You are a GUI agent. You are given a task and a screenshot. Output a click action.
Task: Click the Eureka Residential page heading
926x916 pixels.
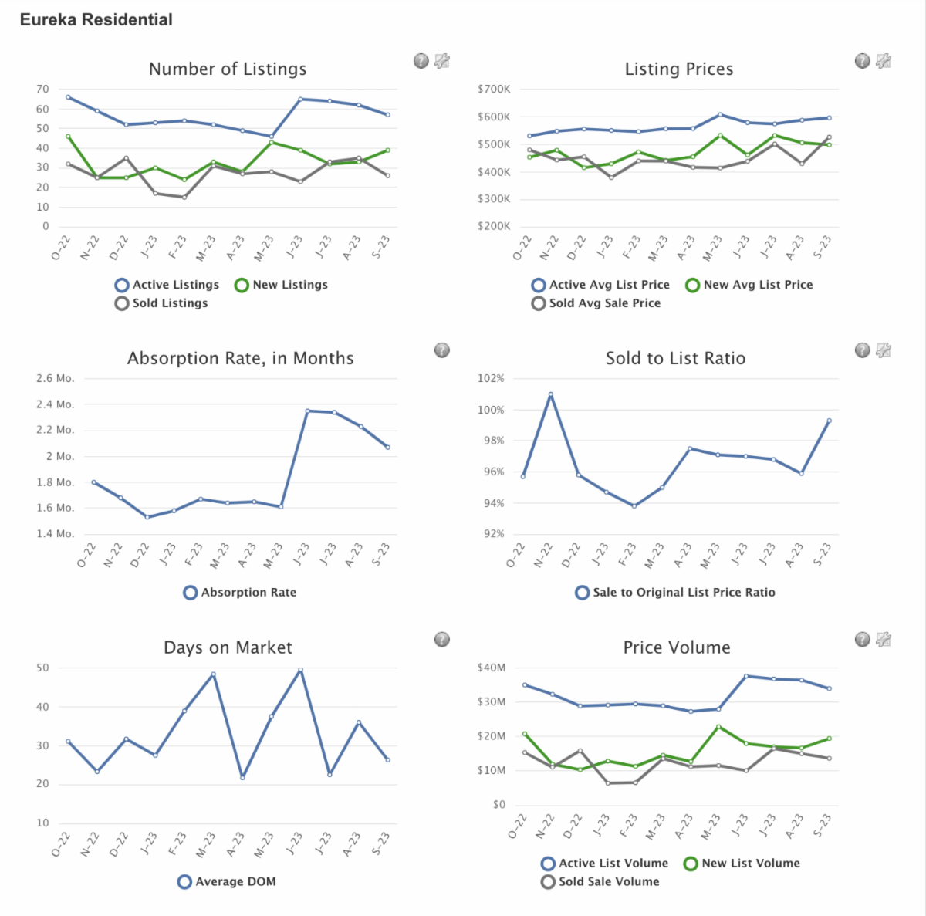click(96, 20)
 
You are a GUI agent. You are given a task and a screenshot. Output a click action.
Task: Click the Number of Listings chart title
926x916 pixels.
click(228, 69)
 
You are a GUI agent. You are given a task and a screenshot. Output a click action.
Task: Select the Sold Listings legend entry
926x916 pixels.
click(161, 303)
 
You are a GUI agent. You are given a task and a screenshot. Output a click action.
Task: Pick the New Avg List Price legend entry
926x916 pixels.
click(749, 285)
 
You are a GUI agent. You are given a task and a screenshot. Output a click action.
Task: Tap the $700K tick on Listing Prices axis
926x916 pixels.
click(494, 90)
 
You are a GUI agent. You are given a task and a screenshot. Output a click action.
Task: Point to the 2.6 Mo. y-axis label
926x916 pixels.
click(55, 379)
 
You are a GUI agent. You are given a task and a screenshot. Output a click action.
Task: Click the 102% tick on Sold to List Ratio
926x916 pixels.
click(491, 379)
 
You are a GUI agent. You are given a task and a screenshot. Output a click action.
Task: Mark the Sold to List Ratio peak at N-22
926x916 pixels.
click(550, 394)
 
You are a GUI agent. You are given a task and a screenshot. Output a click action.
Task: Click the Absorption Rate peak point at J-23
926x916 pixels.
click(307, 411)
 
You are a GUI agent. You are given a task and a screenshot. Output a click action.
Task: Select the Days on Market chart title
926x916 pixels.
click(228, 648)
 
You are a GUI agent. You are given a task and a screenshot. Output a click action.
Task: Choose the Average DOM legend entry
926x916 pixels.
click(227, 882)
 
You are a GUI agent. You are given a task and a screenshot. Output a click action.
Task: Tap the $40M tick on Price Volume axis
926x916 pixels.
click(492, 668)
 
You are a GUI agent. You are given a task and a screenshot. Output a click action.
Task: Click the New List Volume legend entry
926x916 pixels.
click(742, 864)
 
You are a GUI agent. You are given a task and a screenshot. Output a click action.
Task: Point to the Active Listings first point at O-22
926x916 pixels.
click(68, 97)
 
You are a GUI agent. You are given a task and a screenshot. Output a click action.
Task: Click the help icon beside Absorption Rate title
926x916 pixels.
click(441, 350)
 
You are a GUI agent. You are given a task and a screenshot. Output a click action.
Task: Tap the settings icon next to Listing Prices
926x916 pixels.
click(884, 61)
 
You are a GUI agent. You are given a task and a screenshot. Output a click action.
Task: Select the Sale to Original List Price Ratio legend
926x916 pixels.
click(675, 593)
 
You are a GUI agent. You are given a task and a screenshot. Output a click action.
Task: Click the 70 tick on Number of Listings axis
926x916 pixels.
click(42, 90)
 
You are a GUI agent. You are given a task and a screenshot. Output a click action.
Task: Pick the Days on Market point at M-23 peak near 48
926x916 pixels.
click(213, 674)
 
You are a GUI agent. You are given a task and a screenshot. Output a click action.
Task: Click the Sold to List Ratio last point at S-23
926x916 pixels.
click(829, 421)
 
